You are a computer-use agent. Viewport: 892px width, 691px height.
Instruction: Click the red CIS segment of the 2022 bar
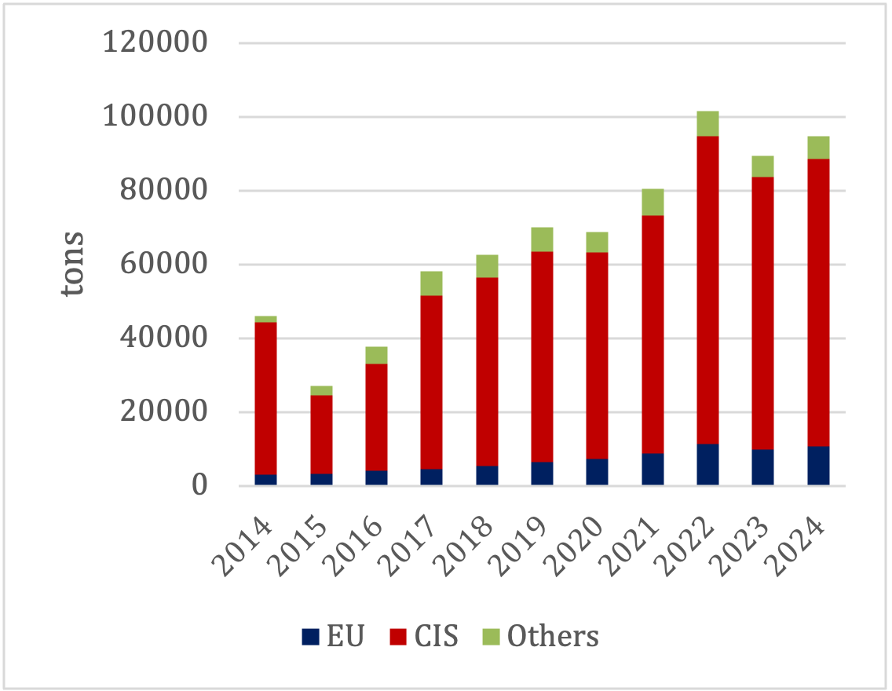pyautogui.click(x=707, y=291)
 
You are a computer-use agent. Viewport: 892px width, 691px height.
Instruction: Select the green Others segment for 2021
pyautogui.click(x=653, y=202)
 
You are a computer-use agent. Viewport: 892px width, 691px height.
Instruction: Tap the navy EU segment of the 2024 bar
pyautogui.click(x=818, y=466)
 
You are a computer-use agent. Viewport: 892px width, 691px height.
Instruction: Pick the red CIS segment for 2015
pyautogui.click(x=321, y=434)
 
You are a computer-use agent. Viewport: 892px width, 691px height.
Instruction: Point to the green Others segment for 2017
pyautogui.click(x=431, y=283)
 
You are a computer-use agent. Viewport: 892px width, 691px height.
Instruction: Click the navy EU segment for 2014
pyautogui.click(x=265, y=480)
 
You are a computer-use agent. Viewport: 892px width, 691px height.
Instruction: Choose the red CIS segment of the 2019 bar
pyautogui.click(x=542, y=356)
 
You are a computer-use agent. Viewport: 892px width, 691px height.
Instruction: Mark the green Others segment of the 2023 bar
pyautogui.click(x=762, y=166)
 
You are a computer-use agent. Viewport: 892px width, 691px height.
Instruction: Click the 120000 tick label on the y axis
pyautogui.click(x=155, y=42)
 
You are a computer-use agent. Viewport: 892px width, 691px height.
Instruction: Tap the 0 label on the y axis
pyautogui.click(x=198, y=486)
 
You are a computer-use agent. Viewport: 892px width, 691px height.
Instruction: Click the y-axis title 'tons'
pyautogui.click(x=72, y=264)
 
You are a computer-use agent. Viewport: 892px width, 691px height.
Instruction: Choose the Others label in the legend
pyautogui.click(x=553, y=636)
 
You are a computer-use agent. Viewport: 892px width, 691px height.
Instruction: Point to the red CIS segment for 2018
pyautogui.click(x=487, y=371)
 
